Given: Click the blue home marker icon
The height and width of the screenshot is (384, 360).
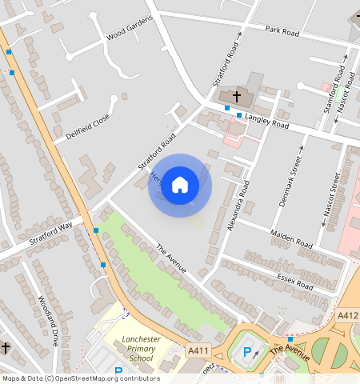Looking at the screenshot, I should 180,185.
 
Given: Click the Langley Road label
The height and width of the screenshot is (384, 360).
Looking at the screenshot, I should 267,122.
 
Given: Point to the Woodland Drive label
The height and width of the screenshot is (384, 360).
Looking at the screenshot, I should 48,321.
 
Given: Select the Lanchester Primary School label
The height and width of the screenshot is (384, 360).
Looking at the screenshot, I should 141,349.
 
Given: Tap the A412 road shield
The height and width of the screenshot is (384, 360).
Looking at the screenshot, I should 347,316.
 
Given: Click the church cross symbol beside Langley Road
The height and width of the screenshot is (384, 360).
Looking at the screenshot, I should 237,96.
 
